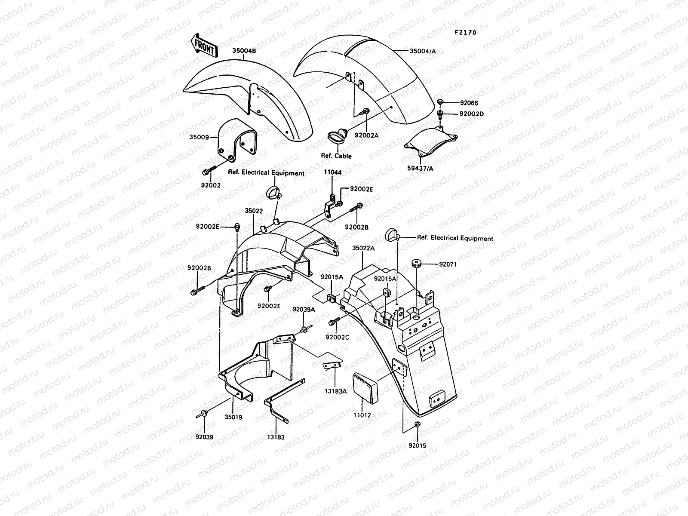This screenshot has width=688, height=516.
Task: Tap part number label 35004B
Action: [244, 50]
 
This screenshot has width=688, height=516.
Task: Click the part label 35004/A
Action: [423, 51]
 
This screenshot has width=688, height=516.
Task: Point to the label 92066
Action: [469, 103]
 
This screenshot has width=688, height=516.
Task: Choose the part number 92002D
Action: [471, 114]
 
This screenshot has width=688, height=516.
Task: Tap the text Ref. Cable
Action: [336, 156]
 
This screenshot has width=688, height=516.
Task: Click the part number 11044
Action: [333, 172]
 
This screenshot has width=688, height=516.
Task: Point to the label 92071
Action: [448, 264]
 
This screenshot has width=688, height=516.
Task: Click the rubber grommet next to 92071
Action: [416, 263]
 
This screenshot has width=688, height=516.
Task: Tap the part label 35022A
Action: [363, 248]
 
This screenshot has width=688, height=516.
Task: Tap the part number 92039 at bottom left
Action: [204, 437]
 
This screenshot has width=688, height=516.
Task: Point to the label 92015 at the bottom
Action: [418, 445]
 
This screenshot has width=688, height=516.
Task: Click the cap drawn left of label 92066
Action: [441, 101]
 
